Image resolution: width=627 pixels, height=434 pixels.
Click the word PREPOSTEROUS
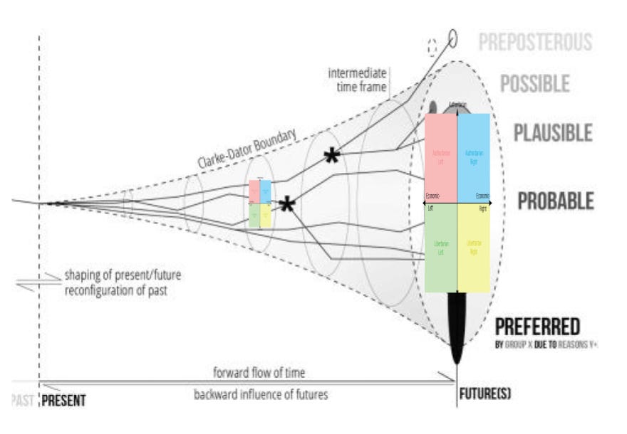click(x=535, y=42)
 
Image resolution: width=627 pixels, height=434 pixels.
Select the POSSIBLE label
click(x=534, y=84)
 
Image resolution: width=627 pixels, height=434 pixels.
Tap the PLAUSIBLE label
click(x=553, y=132)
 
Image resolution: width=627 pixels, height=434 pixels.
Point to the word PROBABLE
click(x=555, y=201)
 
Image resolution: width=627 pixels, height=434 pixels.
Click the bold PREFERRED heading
click(x=537, y=327)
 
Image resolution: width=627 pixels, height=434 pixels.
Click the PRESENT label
click(x=63, y=401)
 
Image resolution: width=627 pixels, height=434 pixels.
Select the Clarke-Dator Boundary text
click(x=246, y=149)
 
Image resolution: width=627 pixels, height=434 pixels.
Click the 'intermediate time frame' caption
click(x=357, y=80)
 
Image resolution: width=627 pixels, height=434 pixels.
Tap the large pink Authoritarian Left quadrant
click(x=440, y=158)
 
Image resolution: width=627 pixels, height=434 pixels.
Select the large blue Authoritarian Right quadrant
click(x=473, y=158)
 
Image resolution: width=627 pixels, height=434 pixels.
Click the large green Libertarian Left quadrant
click(x=440, y=248)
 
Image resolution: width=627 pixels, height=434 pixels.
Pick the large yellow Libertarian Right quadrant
click(x=473, y=248)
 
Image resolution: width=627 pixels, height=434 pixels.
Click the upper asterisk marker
click(x=331, y=157)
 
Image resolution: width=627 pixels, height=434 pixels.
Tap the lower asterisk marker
click(x=286, y=206)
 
